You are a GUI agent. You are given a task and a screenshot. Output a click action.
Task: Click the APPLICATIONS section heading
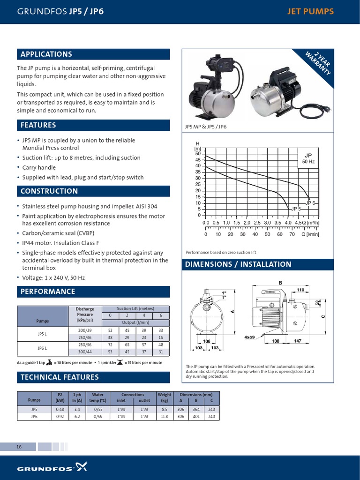[46, 54]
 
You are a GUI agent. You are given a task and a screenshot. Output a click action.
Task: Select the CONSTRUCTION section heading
[49, 191]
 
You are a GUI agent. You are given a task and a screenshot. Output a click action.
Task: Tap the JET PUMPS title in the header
[310, 11]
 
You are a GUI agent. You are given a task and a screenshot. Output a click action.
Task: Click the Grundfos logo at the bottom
[52, 467]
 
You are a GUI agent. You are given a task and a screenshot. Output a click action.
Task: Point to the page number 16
[19, 447]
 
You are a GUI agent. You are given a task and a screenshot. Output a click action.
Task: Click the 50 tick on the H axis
[198, 154]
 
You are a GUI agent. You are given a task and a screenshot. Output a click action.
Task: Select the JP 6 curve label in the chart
[310, 203]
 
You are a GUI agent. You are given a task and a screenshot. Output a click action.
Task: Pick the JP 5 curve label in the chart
[296, 209]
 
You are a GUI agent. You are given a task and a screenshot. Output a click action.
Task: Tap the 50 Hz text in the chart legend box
[308, 162]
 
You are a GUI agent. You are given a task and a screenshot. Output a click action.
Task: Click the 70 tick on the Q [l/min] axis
[292, 234]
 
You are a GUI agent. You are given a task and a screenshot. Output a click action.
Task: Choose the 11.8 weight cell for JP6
[164, 416]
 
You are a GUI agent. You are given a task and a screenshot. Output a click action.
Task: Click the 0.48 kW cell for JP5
[60, 409]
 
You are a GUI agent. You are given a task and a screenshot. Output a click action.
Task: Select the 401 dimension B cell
[196, 416]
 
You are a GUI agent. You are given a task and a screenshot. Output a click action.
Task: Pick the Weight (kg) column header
[164, 397]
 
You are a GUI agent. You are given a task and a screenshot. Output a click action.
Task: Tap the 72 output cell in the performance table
[110, 345]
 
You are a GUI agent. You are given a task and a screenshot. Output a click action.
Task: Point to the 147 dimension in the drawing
[298, 341]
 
